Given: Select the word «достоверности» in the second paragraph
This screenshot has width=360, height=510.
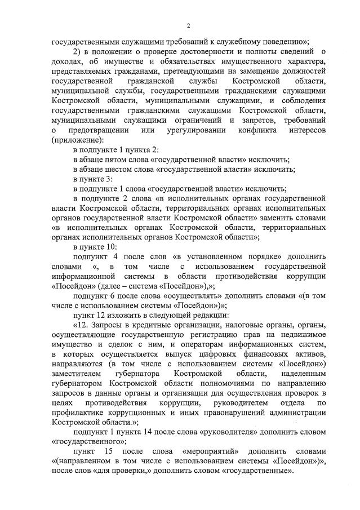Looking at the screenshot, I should [x=194, y=52].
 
